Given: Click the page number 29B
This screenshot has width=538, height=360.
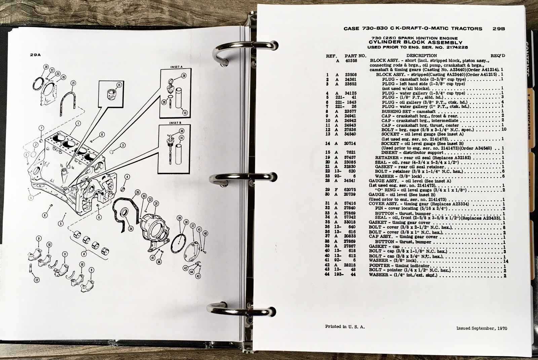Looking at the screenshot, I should [x=498, y=29].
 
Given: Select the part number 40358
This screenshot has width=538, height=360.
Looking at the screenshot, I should [x=350, y=61].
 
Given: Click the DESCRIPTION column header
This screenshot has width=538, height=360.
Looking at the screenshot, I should [x=421, y=56].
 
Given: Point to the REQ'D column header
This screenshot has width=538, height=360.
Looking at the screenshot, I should [x=498, y=56].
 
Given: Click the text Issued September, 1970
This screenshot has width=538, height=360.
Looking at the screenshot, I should [x=482, y=328].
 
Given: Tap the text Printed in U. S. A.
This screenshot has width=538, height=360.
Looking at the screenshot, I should [x=345, y=326].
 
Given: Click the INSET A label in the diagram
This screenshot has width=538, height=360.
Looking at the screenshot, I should [x=177, y=67].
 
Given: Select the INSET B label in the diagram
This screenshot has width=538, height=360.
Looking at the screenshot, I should [x=176, y=123].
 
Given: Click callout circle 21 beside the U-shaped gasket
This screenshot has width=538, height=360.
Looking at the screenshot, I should [x=73, y=83].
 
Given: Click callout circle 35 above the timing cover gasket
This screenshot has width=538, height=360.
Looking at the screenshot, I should [x=137, y=193].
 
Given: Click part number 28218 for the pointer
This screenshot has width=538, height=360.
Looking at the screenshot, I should [x=350, y=265].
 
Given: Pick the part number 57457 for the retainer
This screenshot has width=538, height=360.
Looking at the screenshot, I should [x=350, y=157].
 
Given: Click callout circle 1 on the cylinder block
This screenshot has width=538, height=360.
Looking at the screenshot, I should [x=78, y=123].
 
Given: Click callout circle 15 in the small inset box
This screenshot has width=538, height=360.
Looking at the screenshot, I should [x=119, y=85].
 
